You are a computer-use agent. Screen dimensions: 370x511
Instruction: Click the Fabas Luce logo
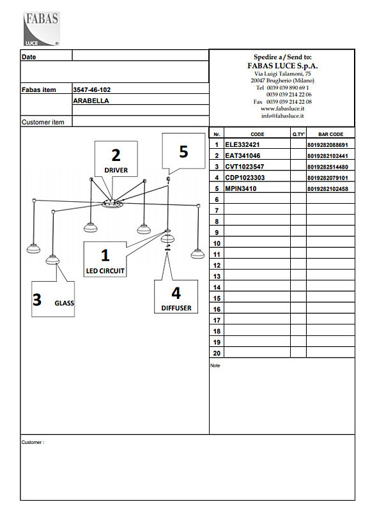click(42, 29)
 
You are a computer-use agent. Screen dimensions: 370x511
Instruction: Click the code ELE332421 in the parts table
click(242, 145)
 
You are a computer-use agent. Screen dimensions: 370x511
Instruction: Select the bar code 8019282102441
click(328, 156)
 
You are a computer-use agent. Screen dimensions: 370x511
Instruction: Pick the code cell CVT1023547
click(245, 167)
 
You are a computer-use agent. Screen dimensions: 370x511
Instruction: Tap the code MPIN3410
click(240, 188)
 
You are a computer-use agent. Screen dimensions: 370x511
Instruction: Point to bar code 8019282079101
click(328, 178)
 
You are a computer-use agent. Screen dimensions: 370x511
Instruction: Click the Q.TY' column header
click(298, 134)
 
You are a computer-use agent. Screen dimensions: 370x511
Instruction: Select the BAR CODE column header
click(330, 134)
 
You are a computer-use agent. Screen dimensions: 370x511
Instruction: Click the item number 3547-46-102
click(92, 89)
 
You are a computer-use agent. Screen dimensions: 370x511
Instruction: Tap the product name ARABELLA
click(91, 101)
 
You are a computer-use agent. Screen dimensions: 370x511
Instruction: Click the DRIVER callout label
click(116, 170)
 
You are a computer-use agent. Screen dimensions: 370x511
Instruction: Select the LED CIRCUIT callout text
click(105, 271)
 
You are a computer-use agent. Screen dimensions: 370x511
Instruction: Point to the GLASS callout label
click(64, 303)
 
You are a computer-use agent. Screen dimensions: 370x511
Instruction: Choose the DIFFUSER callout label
click(176, 308)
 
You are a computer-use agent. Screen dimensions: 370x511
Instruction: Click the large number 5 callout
click(183, 151)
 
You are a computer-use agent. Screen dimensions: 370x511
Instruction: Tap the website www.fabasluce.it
click(282, 109)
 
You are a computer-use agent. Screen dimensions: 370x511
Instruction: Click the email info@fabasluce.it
click(282, 116)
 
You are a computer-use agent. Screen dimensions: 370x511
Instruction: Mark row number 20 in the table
click(217, 353)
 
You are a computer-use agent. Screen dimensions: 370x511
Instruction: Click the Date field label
click(29, 57)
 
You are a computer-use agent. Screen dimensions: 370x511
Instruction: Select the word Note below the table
click(215, 365)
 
